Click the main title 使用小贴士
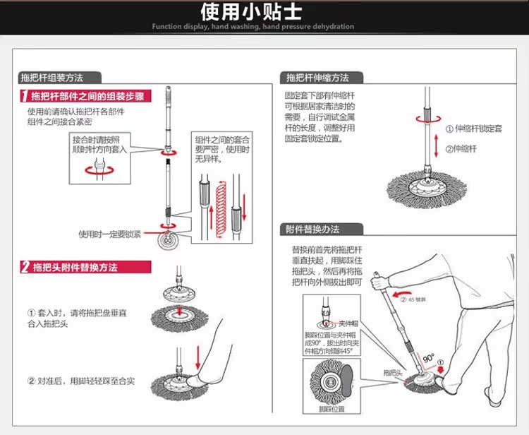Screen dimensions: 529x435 [253, 12]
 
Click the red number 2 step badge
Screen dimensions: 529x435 [25, 267]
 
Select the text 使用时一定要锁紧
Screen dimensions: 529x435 [109, 234]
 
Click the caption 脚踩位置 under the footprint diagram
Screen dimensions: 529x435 [332, 409]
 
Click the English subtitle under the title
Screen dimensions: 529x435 [253, 27]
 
